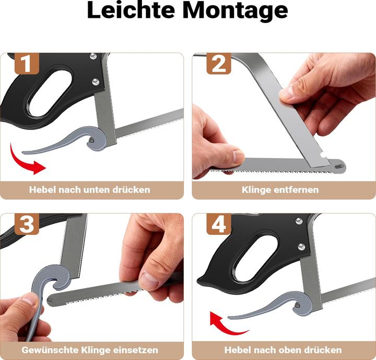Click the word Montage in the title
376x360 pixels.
click(x=239, y=11)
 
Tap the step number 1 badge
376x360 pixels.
click(x=27, y=64)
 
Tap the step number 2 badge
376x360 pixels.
click(x=219, y=64)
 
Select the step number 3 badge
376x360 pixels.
click(x=27, y=224)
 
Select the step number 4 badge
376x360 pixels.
click(x=219, y=224)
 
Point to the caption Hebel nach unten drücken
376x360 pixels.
click(x=89, y=189)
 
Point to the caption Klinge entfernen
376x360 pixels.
click(x=280, y=189)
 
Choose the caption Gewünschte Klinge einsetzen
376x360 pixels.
click(x=89, y=350)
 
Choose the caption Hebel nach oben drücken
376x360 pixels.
click(x=283, y=350)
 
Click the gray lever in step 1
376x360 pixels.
click(x=78, y=139)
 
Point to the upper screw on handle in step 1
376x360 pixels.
click(x=93, y=56)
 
